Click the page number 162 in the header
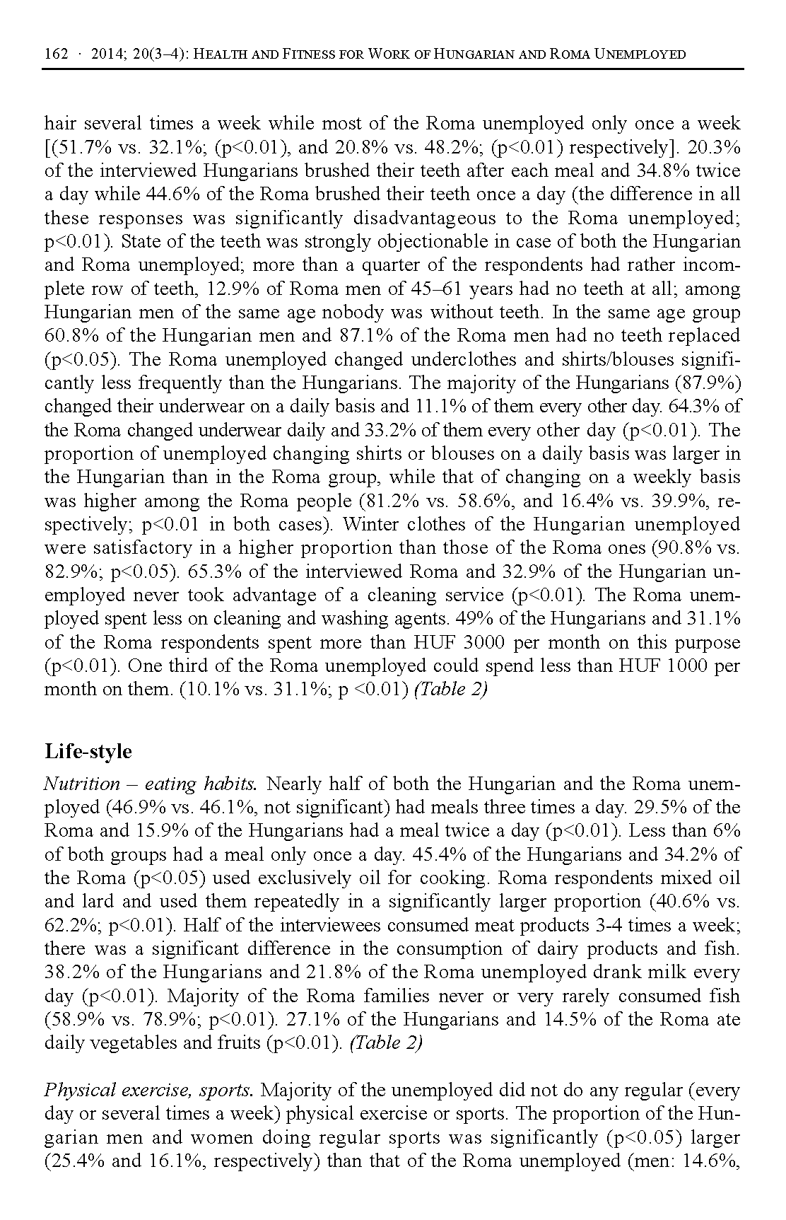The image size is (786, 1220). tap(56, 54)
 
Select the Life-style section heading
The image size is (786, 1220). tap(88, 750)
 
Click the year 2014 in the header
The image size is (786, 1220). tap(106, 54)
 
